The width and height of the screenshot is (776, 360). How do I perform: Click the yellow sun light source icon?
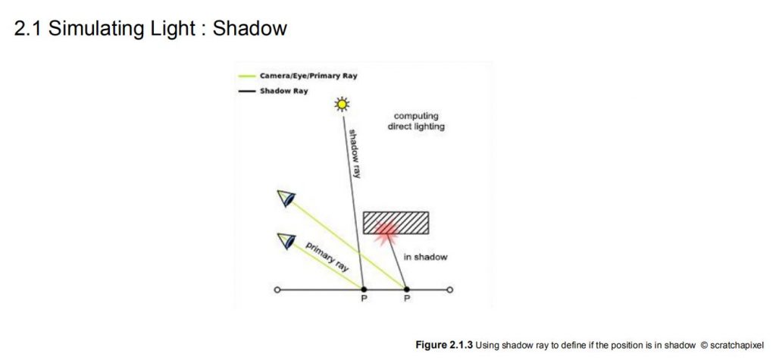click(342, 104)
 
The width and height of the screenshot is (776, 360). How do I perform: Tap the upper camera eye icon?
click(286, 198)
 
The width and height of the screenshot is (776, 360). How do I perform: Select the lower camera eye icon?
click(286, 240)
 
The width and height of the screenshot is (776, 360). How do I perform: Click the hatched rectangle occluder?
click(396, 223)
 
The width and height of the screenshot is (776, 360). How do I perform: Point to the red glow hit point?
click(386, 231)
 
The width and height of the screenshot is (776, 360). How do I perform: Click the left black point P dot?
click(364, 290)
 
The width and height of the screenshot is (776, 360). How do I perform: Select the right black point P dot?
click(406, 290)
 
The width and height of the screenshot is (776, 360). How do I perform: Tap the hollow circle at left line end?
click(277, 290)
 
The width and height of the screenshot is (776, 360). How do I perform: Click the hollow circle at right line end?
click(449, 290)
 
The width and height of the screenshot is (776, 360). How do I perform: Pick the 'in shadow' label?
click(425, 257)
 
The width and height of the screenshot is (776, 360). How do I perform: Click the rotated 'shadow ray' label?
click(355, 154)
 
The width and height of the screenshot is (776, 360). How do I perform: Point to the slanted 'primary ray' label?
click(327, 256)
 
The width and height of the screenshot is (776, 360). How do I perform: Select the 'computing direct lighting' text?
click(416, 121)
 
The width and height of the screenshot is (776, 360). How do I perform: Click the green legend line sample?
click(246, 77)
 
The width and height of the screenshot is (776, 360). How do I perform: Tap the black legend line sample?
click(246, 91)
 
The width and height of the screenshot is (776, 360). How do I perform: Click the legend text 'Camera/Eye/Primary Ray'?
click(308, 77)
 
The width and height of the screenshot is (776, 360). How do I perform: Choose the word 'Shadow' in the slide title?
click(249, 28)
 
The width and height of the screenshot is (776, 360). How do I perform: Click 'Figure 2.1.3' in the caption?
click(444, 345)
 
